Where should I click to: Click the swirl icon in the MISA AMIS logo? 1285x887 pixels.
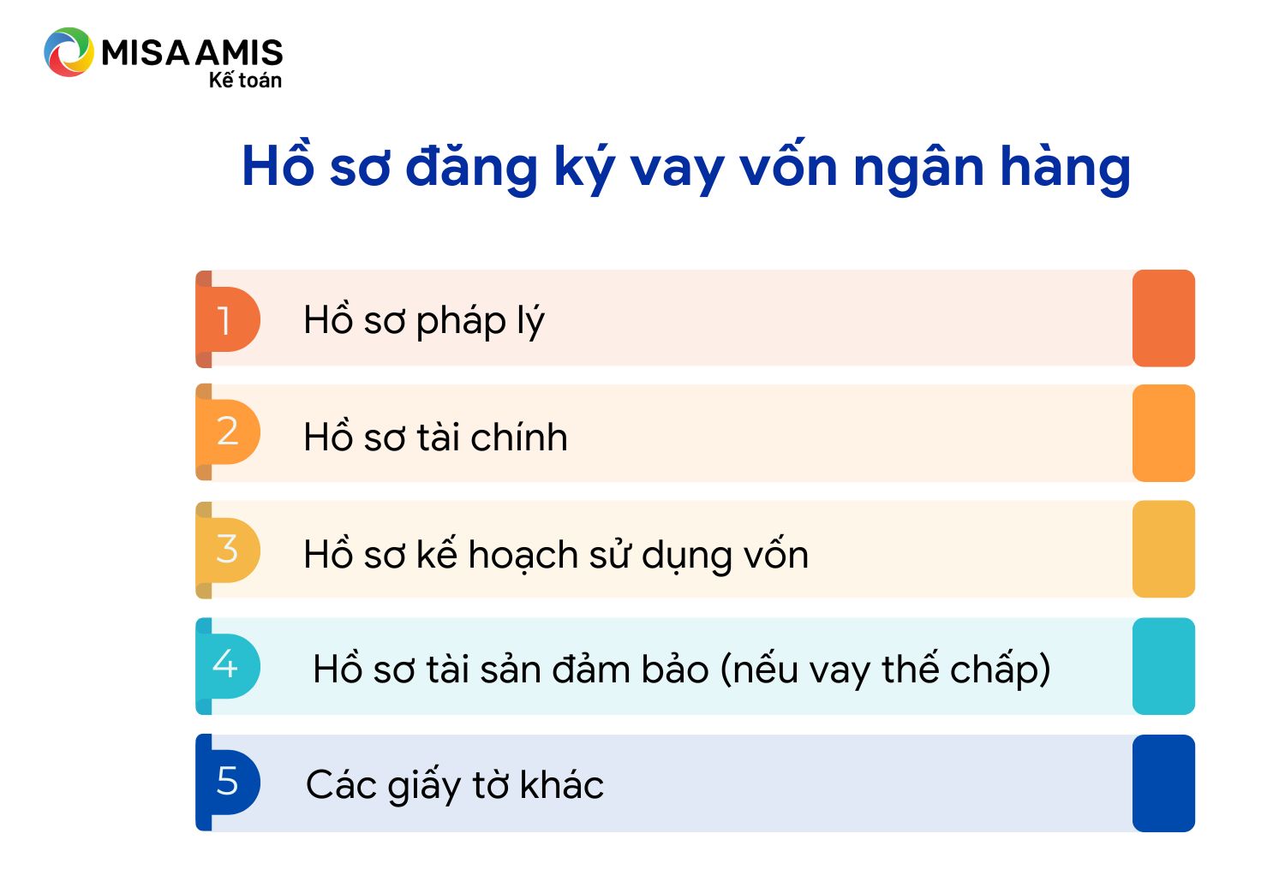pyautogui.click(x=69, y=51)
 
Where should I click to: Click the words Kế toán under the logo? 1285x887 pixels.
pyautogui.click(x=245, y=80)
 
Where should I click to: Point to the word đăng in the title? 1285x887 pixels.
pyautogui.click(x=471, y=166)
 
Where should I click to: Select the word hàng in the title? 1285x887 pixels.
pyautogui.click(x=1066, y=166)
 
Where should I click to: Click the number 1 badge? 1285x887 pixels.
pyautogui.click(x=228, y=318)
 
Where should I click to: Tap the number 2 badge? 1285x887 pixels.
pyautogui.click(x=228, y=432)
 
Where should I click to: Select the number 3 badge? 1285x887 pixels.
pyautogui.click(x=228, y=550)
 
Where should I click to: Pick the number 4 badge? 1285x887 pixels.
pyautogui.click(x=228, y=666)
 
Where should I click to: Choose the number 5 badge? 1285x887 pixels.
pyautogui.click(x=228, y=782)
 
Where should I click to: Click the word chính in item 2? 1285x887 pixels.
pyautogui.click(x=518, y=437)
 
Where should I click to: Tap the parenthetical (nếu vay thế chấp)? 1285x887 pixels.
pyautogui.click(x=885, y=670)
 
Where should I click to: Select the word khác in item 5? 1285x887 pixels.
pyautogui.click(x=561, y=783)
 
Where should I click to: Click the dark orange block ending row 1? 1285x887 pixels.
pyautogui.click(x=1163, y=318)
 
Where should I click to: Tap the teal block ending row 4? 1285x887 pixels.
pyautogui.click(x=1163, y=666)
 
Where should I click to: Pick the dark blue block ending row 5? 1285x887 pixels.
pyautogui.click(x=1163, y=783)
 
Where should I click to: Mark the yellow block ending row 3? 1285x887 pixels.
pyautogui.click(x=1163, y=550)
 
